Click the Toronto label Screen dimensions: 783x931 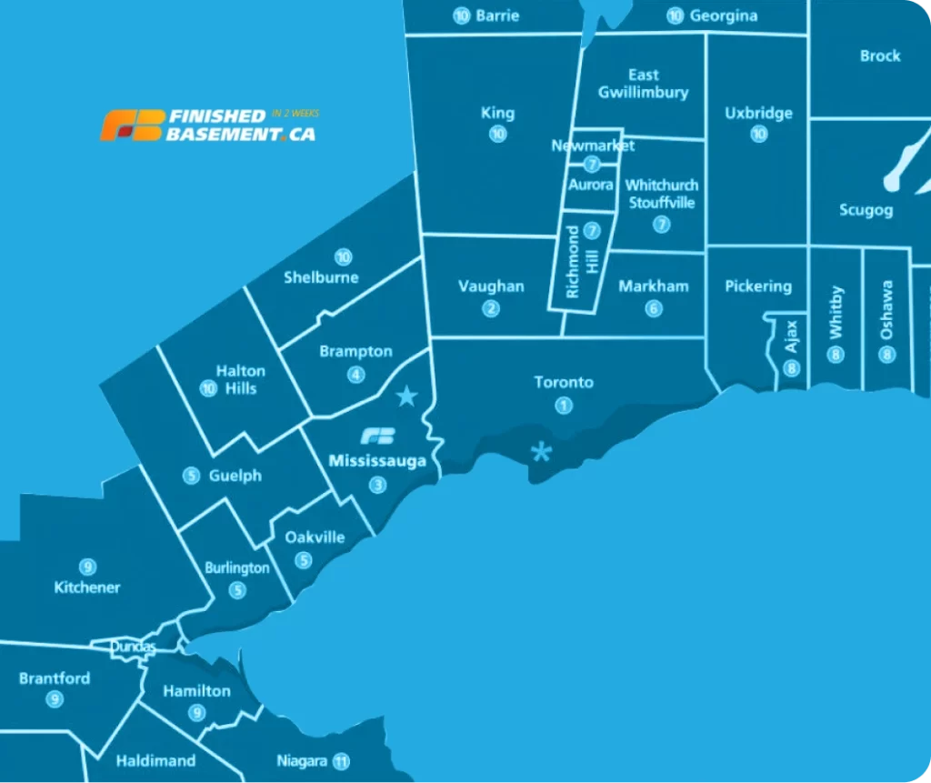click(564, 382)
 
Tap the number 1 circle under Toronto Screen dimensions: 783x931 click(564, 406)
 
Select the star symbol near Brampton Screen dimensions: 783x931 click(406, 396)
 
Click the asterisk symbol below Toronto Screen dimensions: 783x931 click(542, 451)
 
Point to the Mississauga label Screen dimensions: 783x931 click(377, 461)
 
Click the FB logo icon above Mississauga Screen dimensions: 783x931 click(377, 436)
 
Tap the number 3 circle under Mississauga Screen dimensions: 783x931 click(377, 485)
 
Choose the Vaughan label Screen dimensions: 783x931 click(491, 286)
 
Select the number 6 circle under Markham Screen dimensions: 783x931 click(654, 308)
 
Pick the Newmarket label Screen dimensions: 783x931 click(593, 146)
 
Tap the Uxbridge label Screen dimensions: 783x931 click(758, 114)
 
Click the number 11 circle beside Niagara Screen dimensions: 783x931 click(341, 761)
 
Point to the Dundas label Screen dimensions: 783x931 click(133, 647)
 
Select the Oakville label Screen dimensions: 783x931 click(315, 537)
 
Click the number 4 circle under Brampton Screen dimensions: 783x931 click(355, 375)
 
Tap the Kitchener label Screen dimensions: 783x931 click(87, 587)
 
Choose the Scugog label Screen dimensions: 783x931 click(866, 210)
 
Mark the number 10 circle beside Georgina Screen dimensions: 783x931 click(675, 15)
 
